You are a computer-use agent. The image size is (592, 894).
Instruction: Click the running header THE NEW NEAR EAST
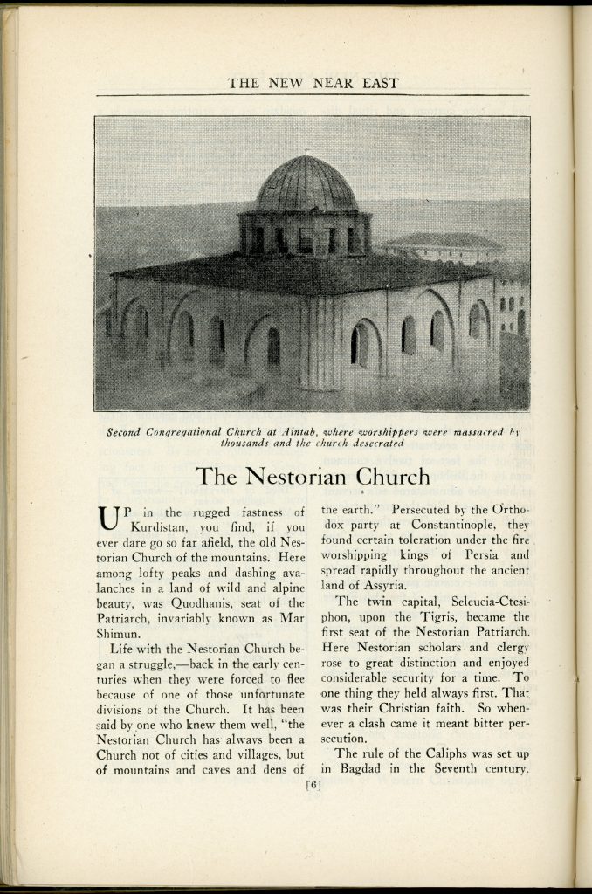313,84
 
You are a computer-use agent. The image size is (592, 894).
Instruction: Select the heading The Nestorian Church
313,477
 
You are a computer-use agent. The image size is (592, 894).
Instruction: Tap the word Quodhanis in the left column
217,603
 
